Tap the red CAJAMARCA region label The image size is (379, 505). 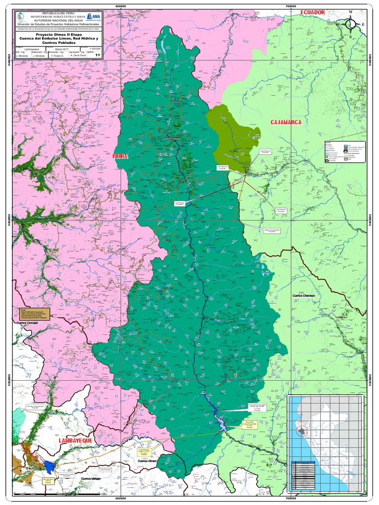click(286, 122)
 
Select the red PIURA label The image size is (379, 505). click(120, 156)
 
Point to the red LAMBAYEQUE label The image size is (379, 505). click(76, 439)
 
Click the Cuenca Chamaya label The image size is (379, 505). click(306, 296)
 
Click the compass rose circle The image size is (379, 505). click(350, 24)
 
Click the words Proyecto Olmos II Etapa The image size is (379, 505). click(57, 34)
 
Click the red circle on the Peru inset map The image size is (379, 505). click(301, 432)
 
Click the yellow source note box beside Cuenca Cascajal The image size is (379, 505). click(31, 314)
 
